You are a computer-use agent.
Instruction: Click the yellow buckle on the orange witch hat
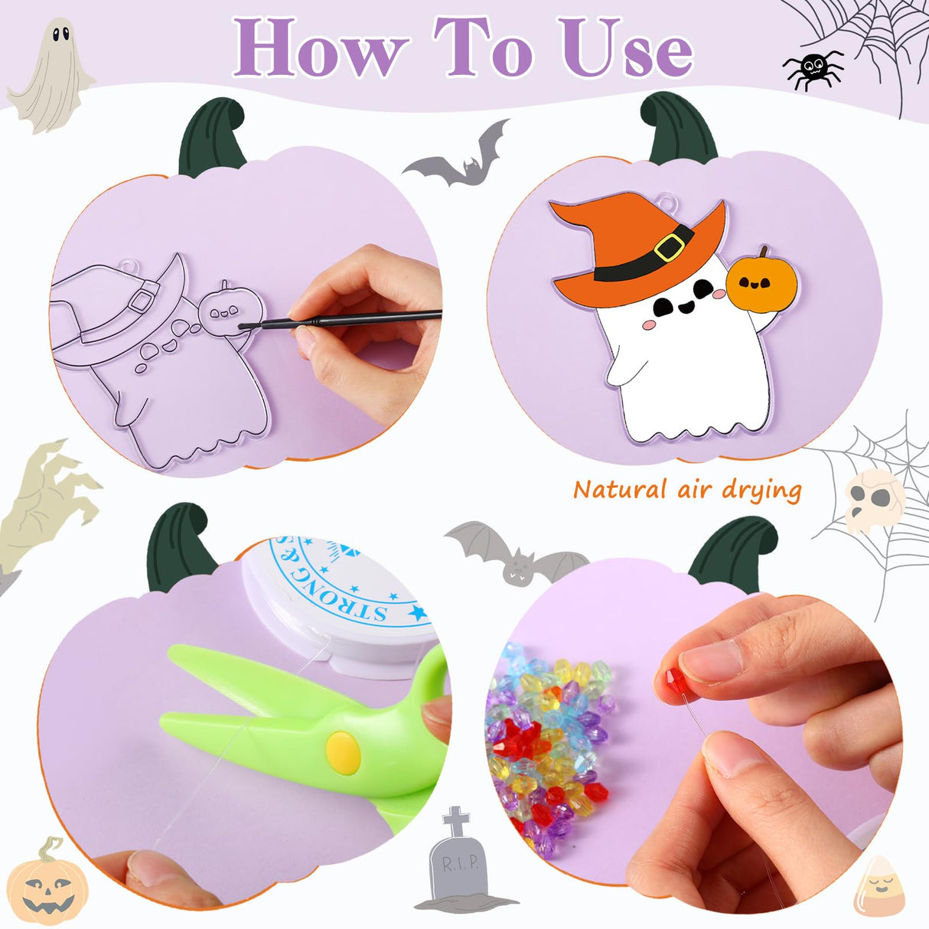click(x=670, y=247)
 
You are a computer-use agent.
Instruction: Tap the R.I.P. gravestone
click(x=460, y=861)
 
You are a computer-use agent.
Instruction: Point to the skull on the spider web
click(x=875, y=501)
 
